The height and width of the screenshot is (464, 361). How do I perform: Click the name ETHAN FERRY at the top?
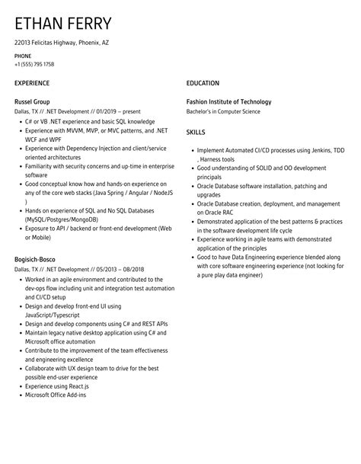click(x=62, y=24)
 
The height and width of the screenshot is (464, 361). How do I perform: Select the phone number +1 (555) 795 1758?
click(x=34, y=64)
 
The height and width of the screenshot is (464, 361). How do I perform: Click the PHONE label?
click(x=23, y=56)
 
